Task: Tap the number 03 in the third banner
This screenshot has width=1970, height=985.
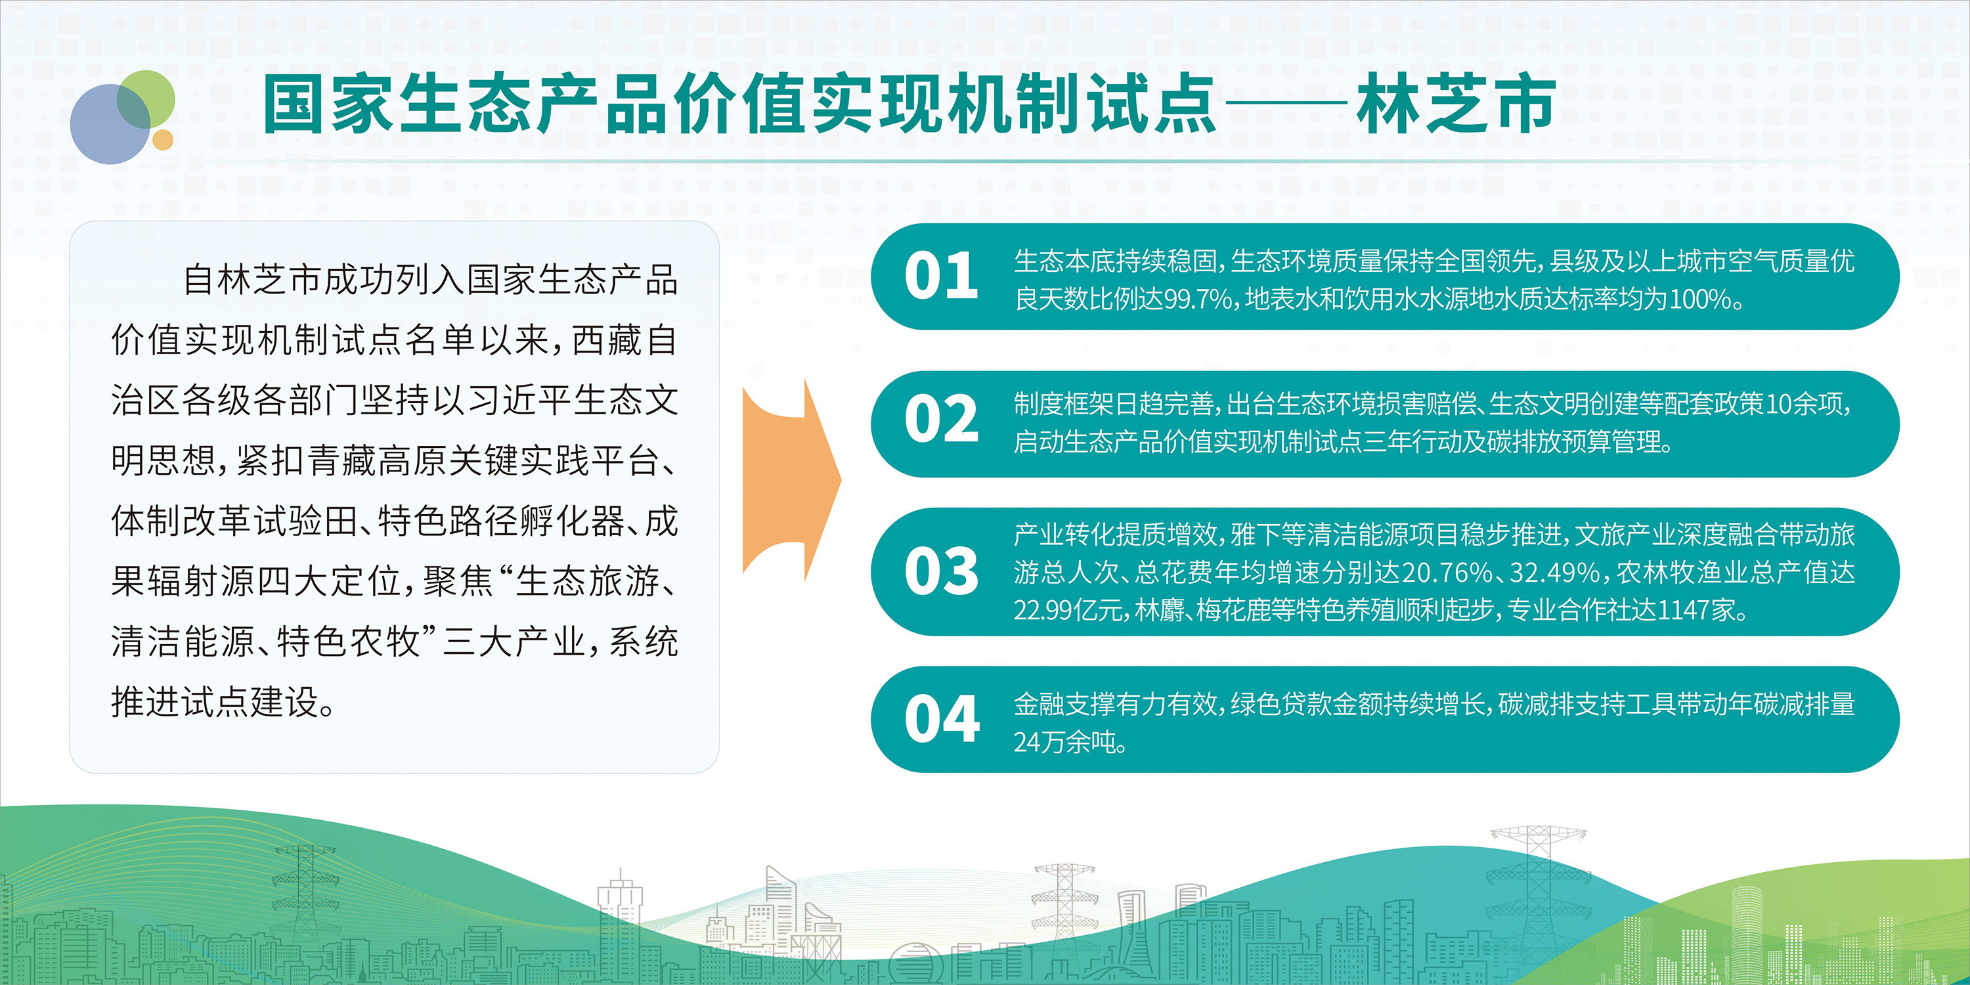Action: coord(942,571)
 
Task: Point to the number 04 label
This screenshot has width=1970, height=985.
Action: coord(942,719)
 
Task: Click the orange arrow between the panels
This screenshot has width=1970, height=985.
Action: coord(791,480)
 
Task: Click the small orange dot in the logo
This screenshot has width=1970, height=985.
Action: coord(163,140)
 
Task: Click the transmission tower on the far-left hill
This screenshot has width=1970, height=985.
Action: coord(305,887)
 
